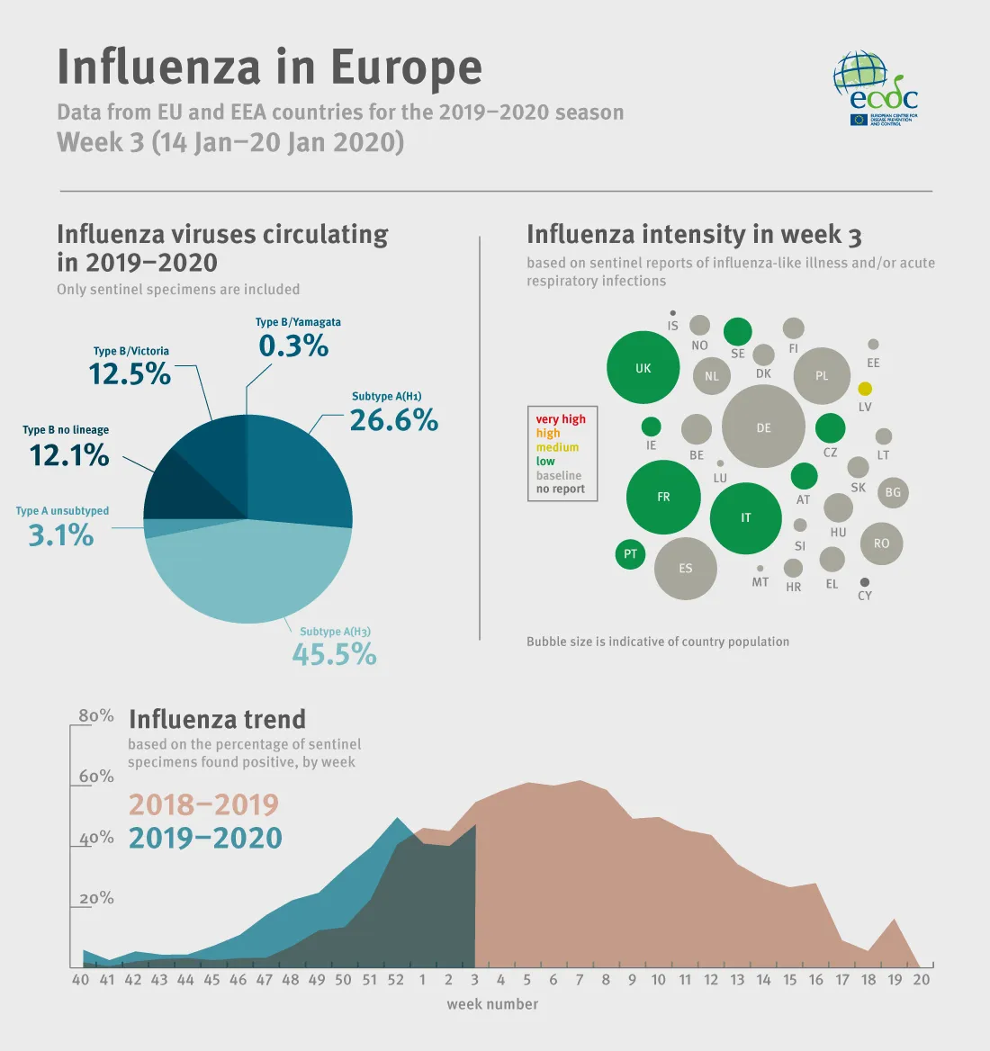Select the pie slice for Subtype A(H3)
[247, 576]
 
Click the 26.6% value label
[393, 420]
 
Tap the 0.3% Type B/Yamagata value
[293, 346]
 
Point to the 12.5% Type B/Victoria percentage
[130, 373]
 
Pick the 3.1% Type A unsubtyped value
[61, 535]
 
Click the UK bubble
[643, 368]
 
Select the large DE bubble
[763, 427]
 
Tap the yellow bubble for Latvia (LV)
[865, 389]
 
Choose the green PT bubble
[630, 554]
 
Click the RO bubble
[881, 543]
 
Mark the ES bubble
[686, 569]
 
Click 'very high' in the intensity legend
[561, 419]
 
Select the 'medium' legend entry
[557, 447]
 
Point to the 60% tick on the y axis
[96, 777]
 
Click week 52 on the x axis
[396, 980]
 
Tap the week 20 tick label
[921, 980]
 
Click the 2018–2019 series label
[203, 804]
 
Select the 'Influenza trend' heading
[217, 720]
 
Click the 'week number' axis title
[492, 1004]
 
